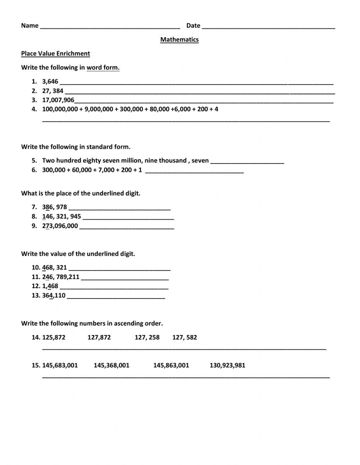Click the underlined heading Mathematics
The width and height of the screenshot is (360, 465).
[x=179, y=40]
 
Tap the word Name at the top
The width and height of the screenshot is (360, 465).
[x=30, y=26]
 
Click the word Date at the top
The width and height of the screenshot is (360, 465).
[x=193, y=26]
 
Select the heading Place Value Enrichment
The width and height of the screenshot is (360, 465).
[x=55, y=54]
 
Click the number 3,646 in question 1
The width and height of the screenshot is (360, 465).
[x=50, y=81]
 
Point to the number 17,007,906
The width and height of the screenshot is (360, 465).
[x=58, y=100]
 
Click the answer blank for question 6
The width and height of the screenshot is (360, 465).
[x=194, y=171]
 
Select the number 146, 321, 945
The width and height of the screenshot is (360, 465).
[x=62, y=216]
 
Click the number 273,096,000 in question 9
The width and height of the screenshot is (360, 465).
[x=60, y=226]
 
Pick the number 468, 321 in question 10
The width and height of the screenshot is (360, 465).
[x=54, y=268]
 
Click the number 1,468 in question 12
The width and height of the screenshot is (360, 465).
[x=50, y=286]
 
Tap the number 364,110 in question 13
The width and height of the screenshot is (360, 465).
[x=54, y=296]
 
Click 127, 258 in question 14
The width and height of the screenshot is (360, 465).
[x=147, y=337]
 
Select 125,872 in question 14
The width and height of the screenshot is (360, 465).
[x=54, y=337]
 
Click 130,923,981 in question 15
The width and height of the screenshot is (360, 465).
[x=227, y=365]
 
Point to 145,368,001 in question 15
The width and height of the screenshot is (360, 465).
[x=111, y=365]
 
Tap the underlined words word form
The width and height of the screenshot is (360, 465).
[x=103, y=68]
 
